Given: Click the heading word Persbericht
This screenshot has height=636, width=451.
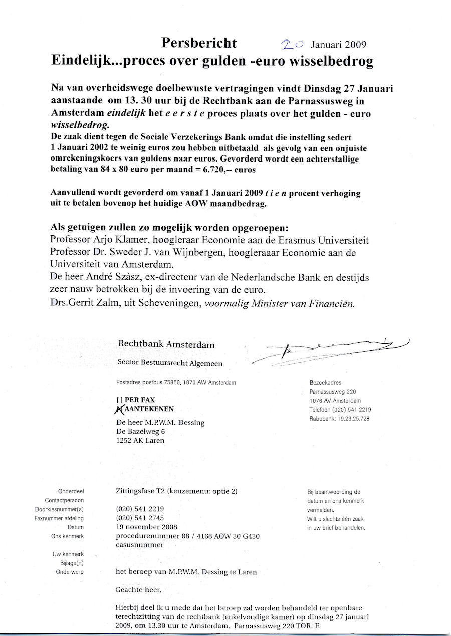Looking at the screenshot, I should click(x=199, y=43).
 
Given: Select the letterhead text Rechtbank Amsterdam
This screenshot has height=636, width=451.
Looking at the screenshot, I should click(x=166, y=345).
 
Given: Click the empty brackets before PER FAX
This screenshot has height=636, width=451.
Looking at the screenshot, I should click(x=119, y=400).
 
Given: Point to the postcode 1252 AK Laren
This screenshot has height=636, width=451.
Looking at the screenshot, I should click(x=140, y=440).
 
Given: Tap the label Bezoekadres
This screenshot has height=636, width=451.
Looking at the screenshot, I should click(x=325, y=383).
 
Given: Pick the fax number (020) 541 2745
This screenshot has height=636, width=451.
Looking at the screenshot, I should click(x=140, y=518).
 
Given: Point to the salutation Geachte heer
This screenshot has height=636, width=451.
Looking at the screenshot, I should click(x=139, y=590).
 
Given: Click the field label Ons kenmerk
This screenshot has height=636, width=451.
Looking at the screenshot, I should click(x=67, y=536).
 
